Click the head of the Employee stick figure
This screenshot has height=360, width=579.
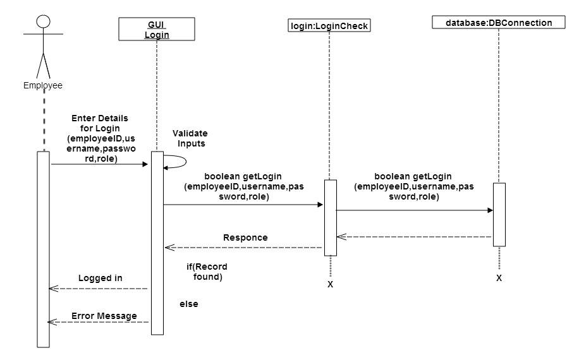tap(43, 21)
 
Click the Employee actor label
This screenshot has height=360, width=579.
tap(43, 85)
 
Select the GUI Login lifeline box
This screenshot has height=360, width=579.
tap(157, 29)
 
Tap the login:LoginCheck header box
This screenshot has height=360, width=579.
tap(329, 26)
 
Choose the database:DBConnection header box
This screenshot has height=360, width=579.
tap(499, 23)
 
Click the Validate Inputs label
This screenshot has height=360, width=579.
tap(190, 138)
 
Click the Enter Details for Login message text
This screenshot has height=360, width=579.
tap(101, 138)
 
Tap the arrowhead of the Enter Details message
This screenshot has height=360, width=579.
tap(145, 164)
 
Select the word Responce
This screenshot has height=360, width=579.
tap(245, 237)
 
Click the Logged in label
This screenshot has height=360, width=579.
tap(100, 278)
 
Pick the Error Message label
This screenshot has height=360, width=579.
tap(104, 316)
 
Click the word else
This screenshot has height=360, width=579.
tap(189, 304)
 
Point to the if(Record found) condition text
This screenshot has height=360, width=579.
tap(207, 272)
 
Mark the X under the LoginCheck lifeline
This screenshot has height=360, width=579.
tap(330, 284)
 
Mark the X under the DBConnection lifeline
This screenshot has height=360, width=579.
tap(499, 278)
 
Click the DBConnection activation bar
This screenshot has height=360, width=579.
tap(499, 214)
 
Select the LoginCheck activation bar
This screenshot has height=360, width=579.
tap(331, 218)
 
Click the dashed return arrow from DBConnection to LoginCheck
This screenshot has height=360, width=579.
tap(414, 237)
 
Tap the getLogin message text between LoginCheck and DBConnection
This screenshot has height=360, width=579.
tap(413, 186)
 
